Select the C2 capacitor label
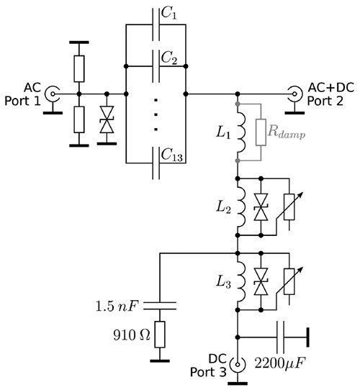(170, 59)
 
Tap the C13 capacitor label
(172, 153)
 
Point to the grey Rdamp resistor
(261, 132)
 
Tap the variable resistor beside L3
(290, 284)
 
